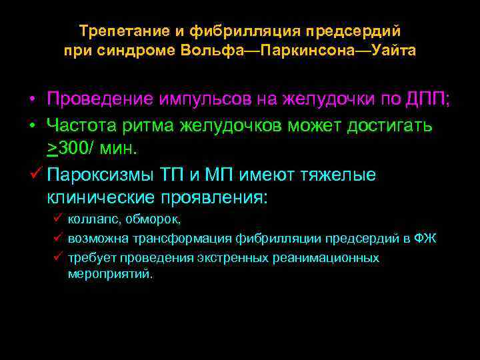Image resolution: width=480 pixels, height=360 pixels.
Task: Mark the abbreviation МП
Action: pos(222,175)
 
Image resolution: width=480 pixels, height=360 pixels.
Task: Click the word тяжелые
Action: pos(341,175)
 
